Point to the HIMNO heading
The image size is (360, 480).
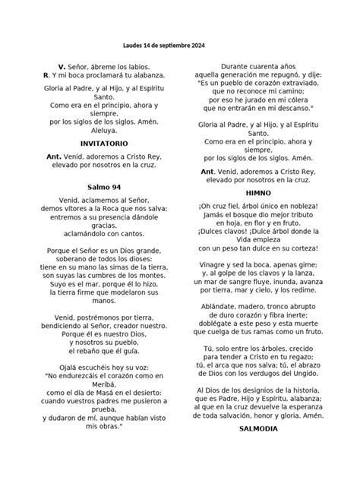pos(254,194)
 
